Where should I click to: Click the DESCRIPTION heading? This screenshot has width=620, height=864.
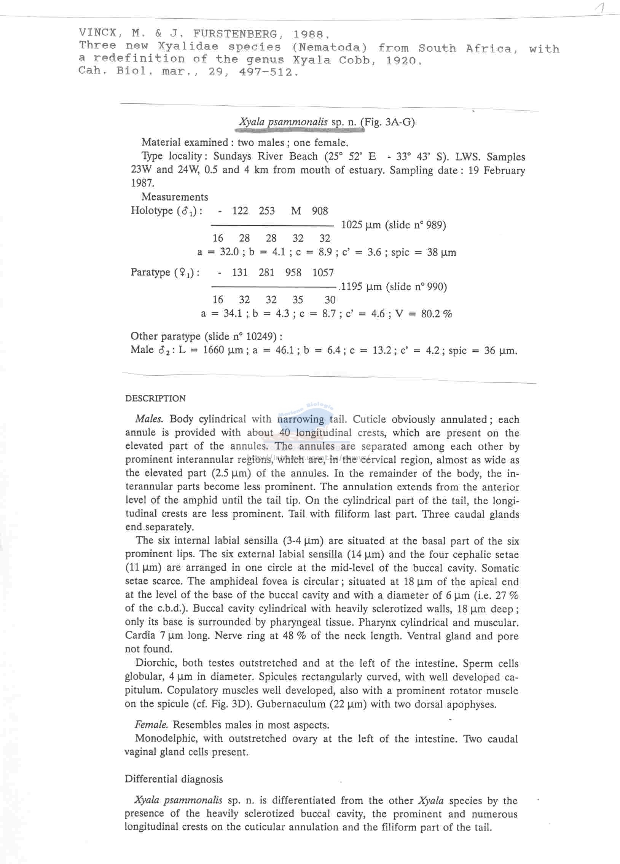point(155,399)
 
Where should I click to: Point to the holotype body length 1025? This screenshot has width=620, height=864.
point(352,225)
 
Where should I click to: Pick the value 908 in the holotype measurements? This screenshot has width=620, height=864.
point(320,210)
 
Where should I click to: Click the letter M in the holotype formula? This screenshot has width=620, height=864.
point(296,210)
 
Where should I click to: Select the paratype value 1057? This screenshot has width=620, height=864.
point(323,273)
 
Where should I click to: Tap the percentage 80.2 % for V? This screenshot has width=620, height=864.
point(436,314)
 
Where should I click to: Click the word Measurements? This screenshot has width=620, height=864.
point(175,197)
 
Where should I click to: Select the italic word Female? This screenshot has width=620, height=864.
point(151,725)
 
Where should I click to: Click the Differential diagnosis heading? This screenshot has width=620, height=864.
point(174,779)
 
